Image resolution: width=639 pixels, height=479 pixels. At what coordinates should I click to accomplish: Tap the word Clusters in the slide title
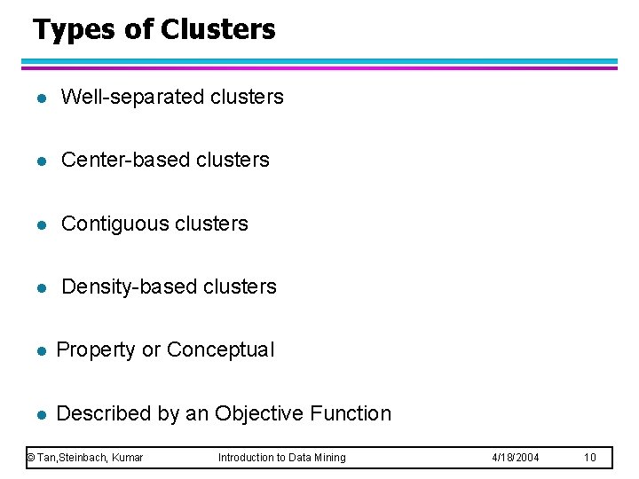pyautogui.click(x=218, y=29)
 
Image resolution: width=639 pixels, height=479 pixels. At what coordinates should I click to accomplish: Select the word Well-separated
pyautogui.click(x=133, y=97)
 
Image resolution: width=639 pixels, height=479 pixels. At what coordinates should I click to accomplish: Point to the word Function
pyautogui.click(x=351, y=413)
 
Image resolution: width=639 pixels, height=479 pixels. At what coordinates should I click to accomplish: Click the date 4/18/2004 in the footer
pyautogui.click(x=516, y=458)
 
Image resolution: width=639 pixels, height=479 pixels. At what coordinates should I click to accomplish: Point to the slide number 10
pyautogui.click(x=590, y=458)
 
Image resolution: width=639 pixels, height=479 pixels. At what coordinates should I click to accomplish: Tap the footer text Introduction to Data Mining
pyautogui.click(x=282, y=458)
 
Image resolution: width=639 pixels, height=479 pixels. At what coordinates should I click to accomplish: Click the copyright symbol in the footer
pyautogui.click(x=30, y=458)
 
